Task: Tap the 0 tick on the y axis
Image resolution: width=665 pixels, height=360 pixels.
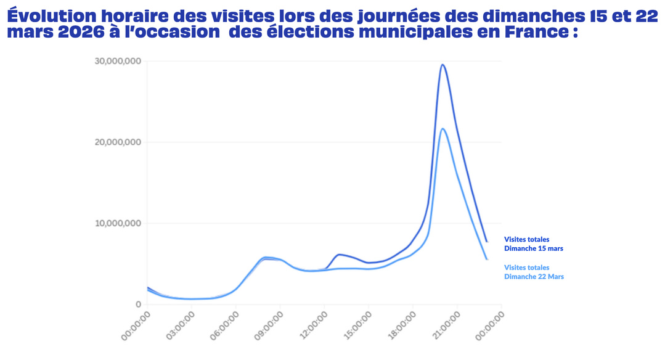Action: [138, 305]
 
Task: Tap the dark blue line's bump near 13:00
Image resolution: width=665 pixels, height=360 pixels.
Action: [340, 254]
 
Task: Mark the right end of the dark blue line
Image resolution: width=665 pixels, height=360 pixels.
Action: [487, 242]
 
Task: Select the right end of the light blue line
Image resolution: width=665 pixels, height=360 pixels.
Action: [487, 260]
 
